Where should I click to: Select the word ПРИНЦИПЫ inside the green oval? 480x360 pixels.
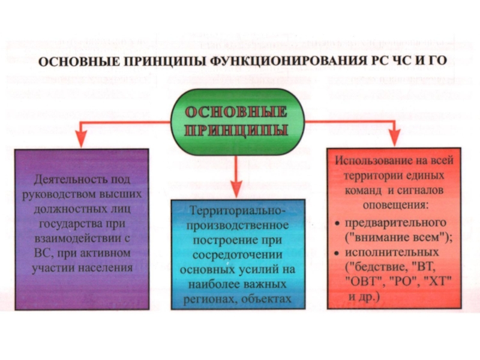(x=239, y=130)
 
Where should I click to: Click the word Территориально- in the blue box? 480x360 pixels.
(x=238, y=211)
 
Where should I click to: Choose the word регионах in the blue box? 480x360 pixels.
(x=212, y=298)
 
